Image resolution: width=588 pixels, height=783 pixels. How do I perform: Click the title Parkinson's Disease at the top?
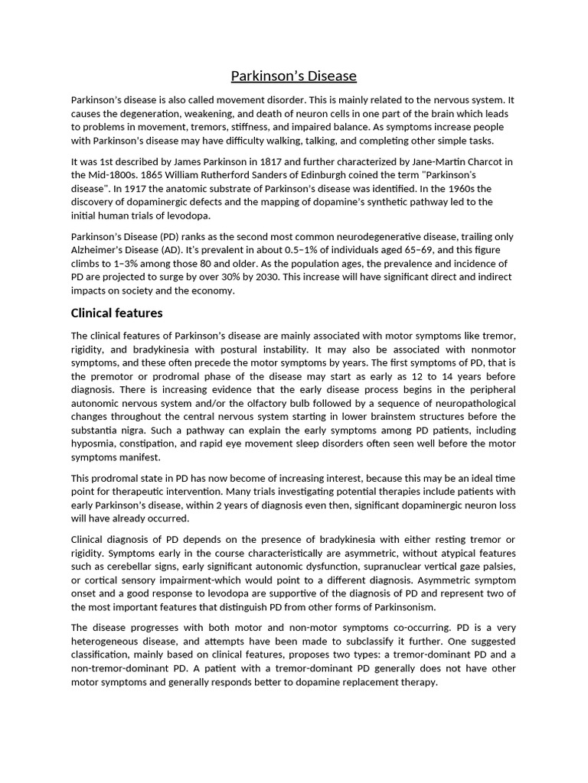(x=294, y=76)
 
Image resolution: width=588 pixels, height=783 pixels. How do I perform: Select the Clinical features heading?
(x=116, y=313)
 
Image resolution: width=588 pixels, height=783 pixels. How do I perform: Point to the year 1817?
(x=299, y=162)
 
